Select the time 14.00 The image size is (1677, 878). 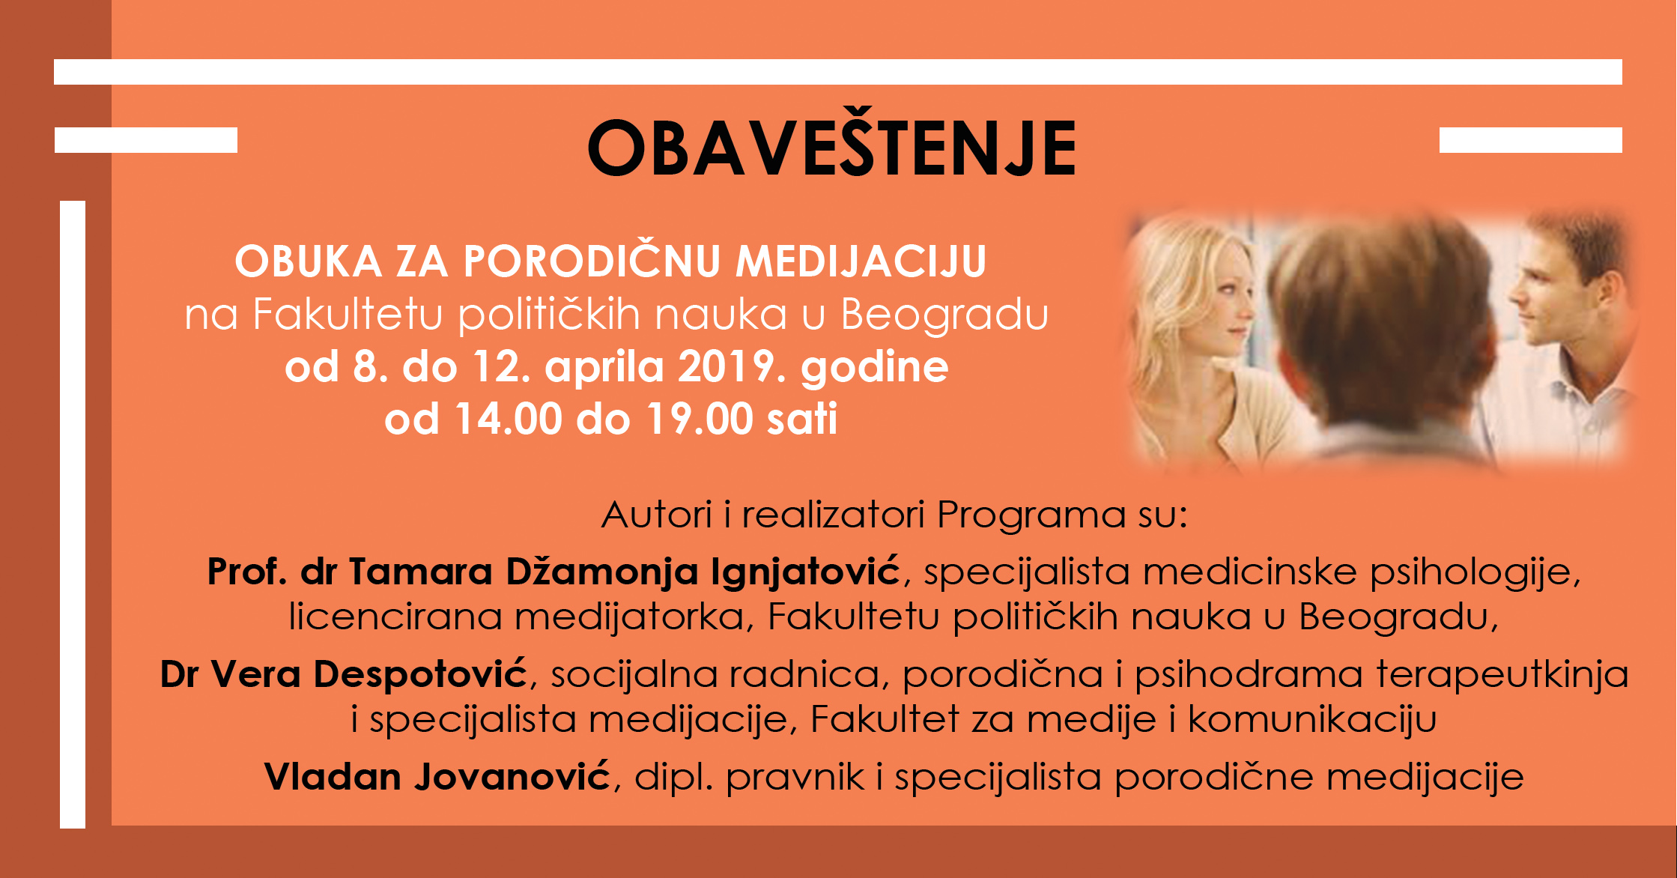click(x=509, y=419)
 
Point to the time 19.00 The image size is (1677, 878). click(x=700, y=419)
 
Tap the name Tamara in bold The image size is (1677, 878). click(x=420, y=572)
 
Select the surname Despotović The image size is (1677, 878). click(x=421, y=675)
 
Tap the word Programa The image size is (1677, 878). click(x=1031, y=516)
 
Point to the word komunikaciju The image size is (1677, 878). click(x=1312, y=719)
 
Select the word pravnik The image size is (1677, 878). click(x=795, y=778)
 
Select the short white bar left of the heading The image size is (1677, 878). click(x=146, y=140)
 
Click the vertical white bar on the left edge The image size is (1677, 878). click(x=73, y=515)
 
